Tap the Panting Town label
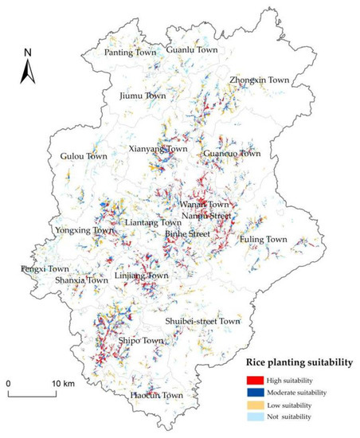pyautogui.click(x=129, y=53)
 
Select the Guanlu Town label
pyautogui.click(x=191, y=49)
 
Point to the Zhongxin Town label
pyautogui.click(x=260, y=80)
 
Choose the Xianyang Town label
pyautogui.click(x=158, y=149)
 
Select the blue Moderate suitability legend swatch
pyautogui.click(x=253, y=392)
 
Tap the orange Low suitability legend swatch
pyautogui.click(x=253, y=405)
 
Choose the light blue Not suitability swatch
pyautogui.click(x=253, y=416)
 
